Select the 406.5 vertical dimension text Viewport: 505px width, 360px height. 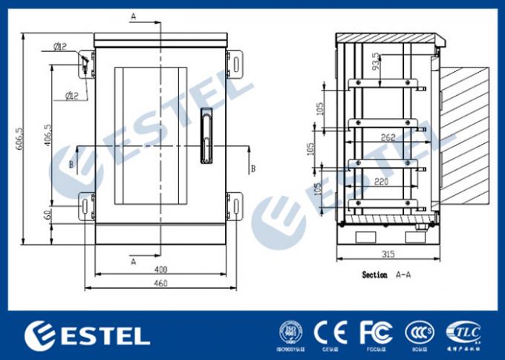48,136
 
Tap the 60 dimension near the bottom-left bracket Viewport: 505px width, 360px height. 48,215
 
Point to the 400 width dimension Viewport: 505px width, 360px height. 160,269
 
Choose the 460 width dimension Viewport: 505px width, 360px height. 160,283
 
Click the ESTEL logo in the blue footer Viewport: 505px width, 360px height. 87,335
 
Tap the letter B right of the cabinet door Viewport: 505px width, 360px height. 252,168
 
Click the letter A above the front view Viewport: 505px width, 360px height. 133,16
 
